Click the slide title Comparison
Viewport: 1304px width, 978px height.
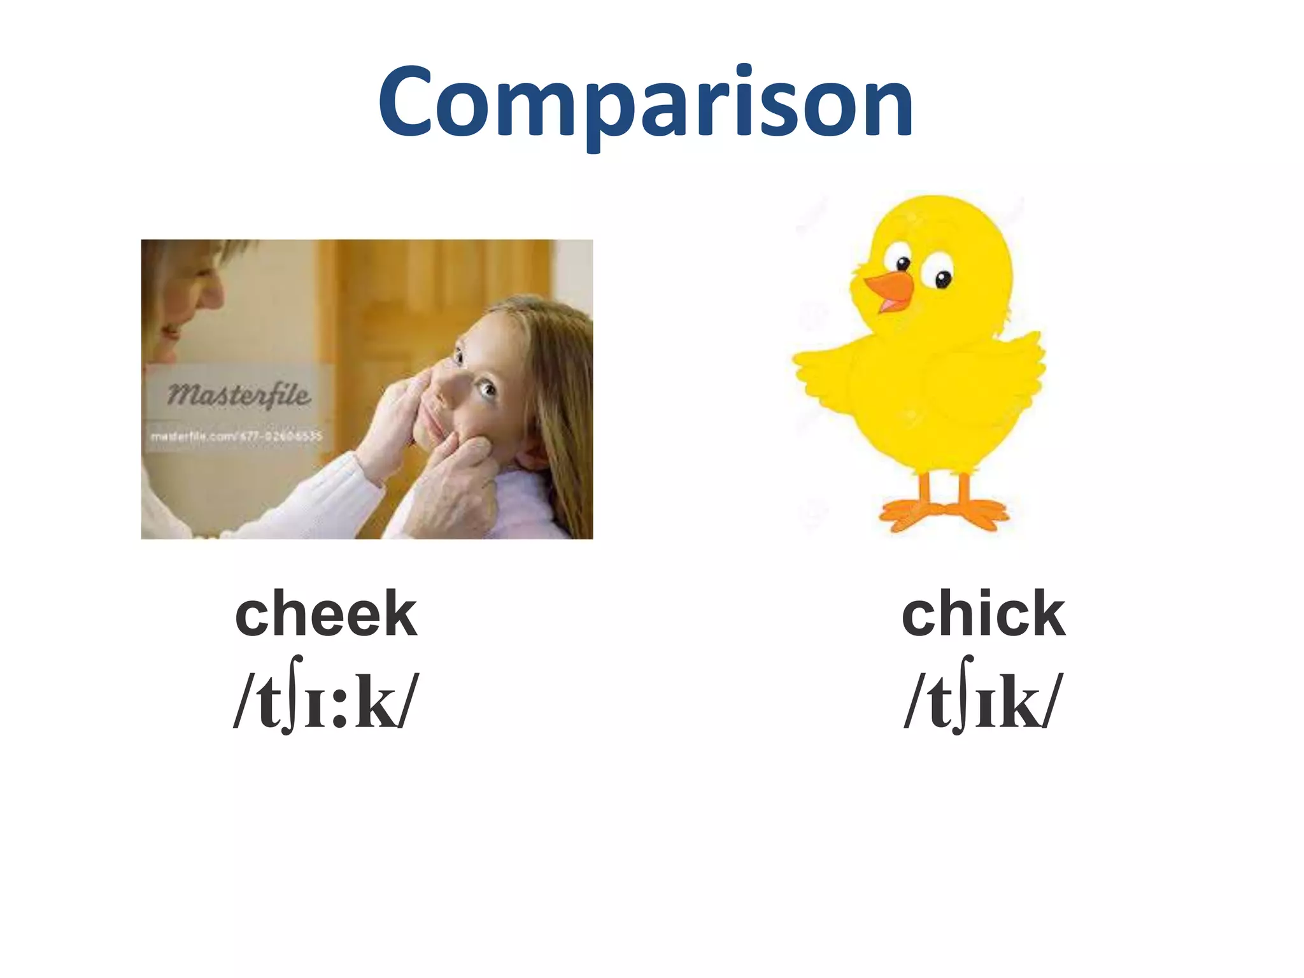(646, 102)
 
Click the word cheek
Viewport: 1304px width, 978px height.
(326, 613)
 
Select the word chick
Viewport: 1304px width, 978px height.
(983, 613)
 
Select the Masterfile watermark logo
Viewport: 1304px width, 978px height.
(239, 395)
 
